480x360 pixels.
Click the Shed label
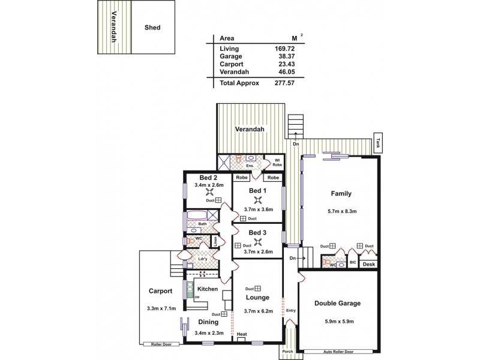pyautogui.click(x=152, y=28)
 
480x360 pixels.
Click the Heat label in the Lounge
pyautogui.click(x=242, y=334)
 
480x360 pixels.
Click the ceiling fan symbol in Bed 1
pyautogui.click(x=258, y=200)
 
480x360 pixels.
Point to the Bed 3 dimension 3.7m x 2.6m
pyautogui.click(x=258, y=252)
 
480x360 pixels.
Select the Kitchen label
pyautogui.click(x=207, y=289)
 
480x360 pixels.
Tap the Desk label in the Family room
pyautogui.click(x=369, y=265)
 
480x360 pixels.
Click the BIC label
pyautogui.click(x=353, y=262)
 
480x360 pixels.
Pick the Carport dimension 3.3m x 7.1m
pyautogui.click(x=160, y=308)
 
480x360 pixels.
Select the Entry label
pyautogui.click(x=291, y=310)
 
